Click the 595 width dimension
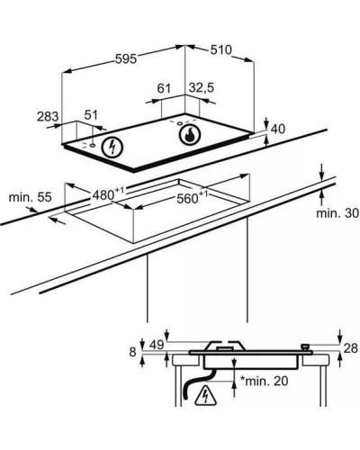126,58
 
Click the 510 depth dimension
220,49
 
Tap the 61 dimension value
164,88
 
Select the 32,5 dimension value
202,87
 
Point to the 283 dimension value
48,116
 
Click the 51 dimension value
91,115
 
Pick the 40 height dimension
278,129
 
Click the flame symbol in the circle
189,135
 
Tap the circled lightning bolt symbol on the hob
112,148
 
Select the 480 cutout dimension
108,194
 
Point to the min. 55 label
31,197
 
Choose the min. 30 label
337,213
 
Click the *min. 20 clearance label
264,381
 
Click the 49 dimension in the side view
157,345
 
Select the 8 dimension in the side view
132,352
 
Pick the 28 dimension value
350,348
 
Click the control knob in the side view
306,347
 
